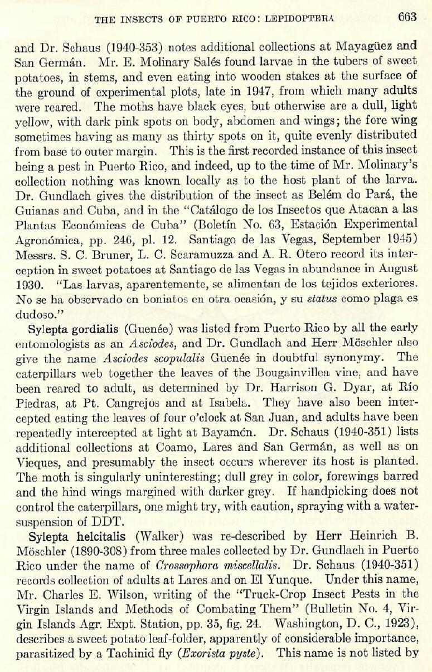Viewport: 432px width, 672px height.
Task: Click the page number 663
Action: point(407,17)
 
